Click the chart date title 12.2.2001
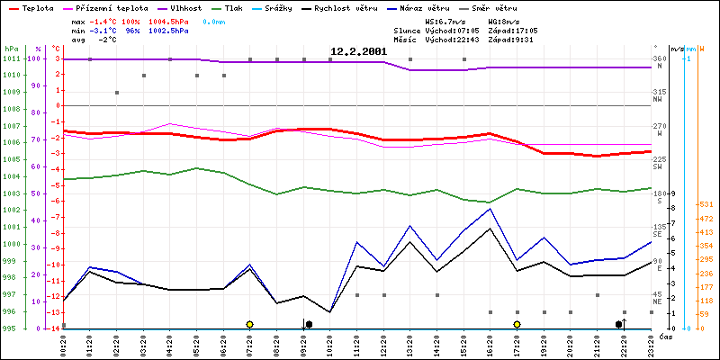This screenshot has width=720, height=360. [358, 51]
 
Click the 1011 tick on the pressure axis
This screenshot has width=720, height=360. [11, 58]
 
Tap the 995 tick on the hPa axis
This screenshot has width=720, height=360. [11, 328]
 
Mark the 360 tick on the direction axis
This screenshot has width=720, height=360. [659, 58]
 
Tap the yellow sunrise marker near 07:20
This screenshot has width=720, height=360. [249, 324]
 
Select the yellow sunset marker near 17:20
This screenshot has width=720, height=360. [517, 324]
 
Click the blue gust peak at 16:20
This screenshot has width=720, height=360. [490, 209]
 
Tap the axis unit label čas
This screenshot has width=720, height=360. [664, 337]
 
